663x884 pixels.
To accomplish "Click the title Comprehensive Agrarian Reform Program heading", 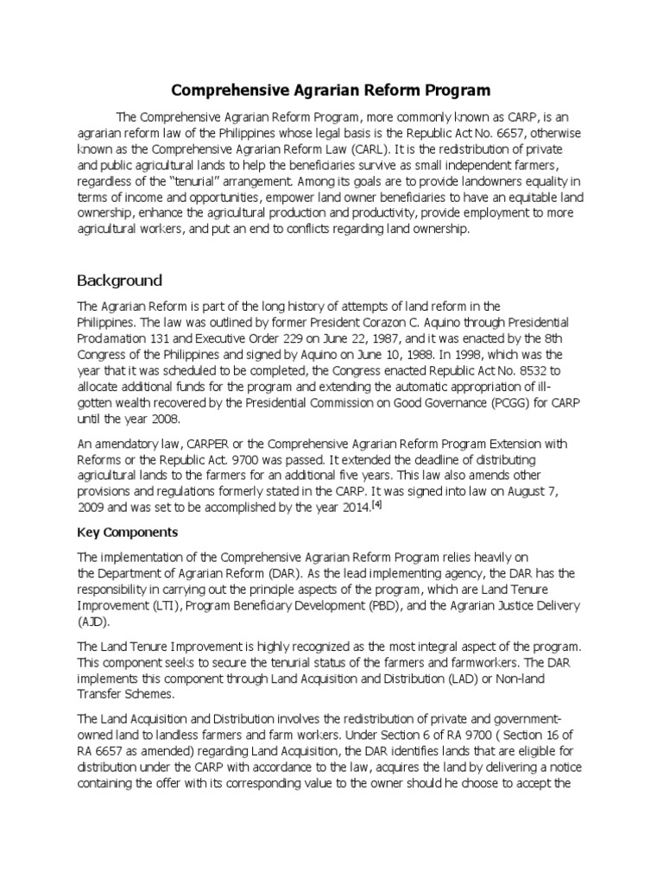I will coord(331,90).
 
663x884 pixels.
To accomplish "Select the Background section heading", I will coord(119,281).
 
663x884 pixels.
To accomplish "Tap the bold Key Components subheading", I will coord(128,533).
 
